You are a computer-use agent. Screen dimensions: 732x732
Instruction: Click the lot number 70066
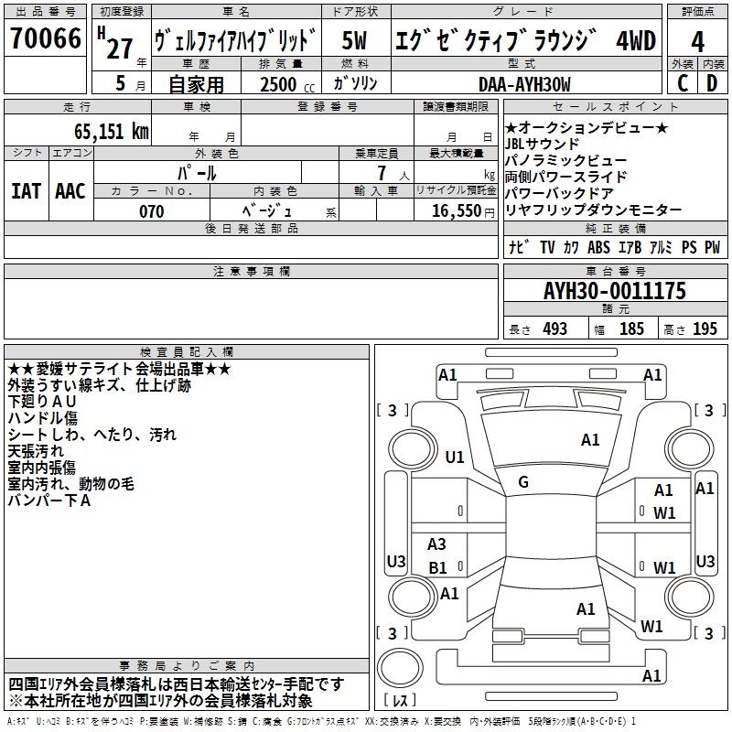[46, 38]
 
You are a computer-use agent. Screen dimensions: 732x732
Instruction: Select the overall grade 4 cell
[697, 42]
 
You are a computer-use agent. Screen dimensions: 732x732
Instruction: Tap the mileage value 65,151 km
[112, 132]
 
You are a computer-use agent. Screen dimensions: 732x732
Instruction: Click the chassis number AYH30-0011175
[615, 291]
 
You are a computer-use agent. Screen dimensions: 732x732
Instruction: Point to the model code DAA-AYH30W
[524, 84]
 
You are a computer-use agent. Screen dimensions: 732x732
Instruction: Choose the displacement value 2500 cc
[287, 84]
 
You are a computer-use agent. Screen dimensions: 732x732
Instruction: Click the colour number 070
[152, 211]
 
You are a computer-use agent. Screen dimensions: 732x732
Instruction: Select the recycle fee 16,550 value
[457, 211]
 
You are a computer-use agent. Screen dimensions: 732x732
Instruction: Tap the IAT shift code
[26, 191]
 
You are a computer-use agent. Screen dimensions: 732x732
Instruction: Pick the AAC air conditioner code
[70, 191]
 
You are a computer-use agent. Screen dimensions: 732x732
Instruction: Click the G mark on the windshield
[523, 482]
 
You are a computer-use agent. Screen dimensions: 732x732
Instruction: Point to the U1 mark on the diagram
[455, 457]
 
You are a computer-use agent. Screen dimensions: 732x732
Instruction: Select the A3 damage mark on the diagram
[436, 544]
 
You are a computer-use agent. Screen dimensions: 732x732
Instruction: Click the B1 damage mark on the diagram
[437, 567]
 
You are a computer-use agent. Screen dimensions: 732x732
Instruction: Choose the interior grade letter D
[712, 83]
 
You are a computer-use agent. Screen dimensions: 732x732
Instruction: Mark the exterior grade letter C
[683, 83]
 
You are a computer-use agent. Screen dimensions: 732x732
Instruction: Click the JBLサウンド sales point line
[542, 145]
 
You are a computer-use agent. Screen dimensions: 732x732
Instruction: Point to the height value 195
[705, 329]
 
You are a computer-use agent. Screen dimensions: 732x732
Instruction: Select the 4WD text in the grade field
[636, 40]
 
